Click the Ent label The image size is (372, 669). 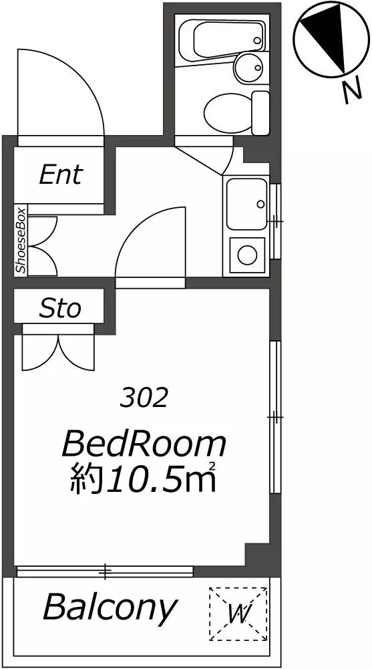[x=60, y=174]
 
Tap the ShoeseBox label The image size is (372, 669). [x=21, y=240]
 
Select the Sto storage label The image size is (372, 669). [x=60, y=309]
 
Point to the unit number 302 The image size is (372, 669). [x=143, y=399]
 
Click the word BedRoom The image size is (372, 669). [x=144, y=444]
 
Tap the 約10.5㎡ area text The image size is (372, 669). [x=144, y=479]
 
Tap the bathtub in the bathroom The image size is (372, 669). [x=222, y=39]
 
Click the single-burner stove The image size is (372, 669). [x=246, y=255]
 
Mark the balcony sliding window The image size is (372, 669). [x=105, y=571]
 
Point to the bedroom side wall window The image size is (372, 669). [x=275, y=417]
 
